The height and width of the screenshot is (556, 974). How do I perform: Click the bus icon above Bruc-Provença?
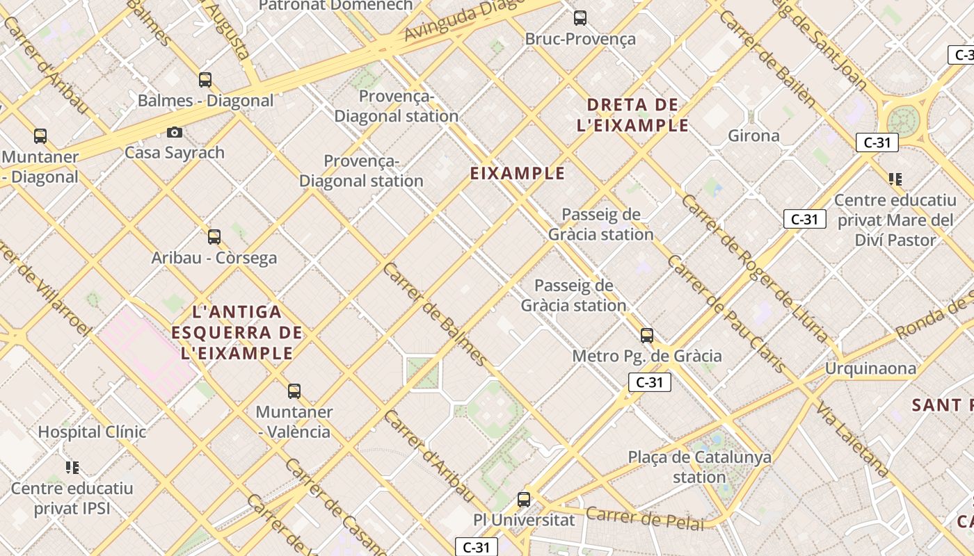580,18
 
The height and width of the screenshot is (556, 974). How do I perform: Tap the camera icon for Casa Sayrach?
175,132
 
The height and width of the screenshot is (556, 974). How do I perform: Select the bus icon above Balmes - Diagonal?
205,80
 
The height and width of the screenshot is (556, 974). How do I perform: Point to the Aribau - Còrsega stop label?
214,258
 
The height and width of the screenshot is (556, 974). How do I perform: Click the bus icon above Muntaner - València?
294,391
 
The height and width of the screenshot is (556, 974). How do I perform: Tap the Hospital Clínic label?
92,432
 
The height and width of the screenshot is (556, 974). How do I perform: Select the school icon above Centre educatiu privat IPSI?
72,467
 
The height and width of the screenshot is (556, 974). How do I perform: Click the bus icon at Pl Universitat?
523,500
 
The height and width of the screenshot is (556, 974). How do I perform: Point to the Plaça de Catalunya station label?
699,467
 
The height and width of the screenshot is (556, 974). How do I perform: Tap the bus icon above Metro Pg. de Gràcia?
647,336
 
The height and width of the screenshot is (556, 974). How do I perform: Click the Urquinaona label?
870,368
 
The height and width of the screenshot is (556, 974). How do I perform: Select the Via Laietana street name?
853,439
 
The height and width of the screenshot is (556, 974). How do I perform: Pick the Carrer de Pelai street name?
645,518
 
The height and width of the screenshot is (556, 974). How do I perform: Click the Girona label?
753,136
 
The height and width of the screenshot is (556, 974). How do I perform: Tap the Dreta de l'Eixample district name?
632,115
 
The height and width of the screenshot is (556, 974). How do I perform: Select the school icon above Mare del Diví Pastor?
895,179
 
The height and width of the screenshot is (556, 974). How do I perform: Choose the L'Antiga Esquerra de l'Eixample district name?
237,333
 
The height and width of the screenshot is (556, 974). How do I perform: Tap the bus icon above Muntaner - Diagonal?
40,136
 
